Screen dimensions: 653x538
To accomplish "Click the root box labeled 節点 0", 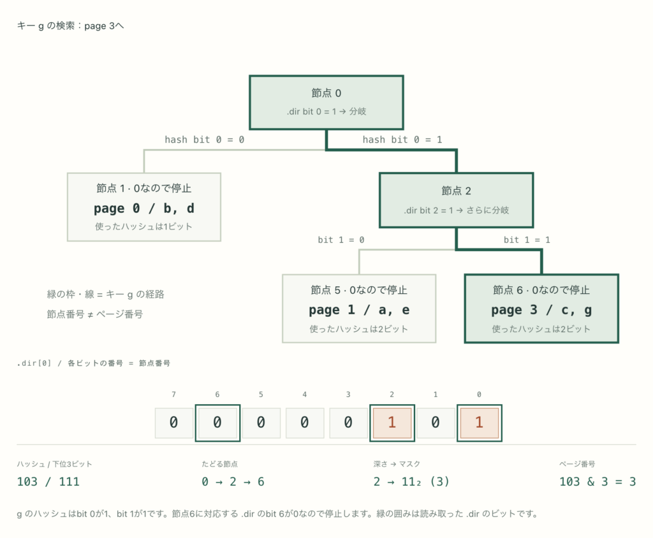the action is pos(326,103).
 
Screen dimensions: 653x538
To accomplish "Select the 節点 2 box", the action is pos(457,200).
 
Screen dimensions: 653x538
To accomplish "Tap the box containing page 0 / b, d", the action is pos(144,207).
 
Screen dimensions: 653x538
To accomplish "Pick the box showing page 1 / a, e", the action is pos(359,309).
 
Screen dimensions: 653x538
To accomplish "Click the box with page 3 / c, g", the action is pos(541,309).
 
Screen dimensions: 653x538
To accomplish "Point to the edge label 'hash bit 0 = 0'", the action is pos(205,140).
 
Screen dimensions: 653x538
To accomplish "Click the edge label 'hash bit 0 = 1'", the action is pos(402,140).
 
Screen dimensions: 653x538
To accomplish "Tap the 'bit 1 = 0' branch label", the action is pos(341,240).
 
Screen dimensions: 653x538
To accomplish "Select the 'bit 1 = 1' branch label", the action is pos(527,240).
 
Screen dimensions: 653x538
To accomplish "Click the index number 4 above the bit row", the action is pos(304,395).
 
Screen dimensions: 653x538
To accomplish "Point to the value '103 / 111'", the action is pos(48,482).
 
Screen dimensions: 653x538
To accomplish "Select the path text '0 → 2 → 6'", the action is pos(233,482).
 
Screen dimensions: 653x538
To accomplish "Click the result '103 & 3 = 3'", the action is pos(598,482).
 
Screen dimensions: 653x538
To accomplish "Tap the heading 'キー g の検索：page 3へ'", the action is pos(70,26).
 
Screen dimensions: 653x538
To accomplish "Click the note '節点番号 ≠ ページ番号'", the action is pos(95,314).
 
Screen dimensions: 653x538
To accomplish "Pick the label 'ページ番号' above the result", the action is pos(576,464).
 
